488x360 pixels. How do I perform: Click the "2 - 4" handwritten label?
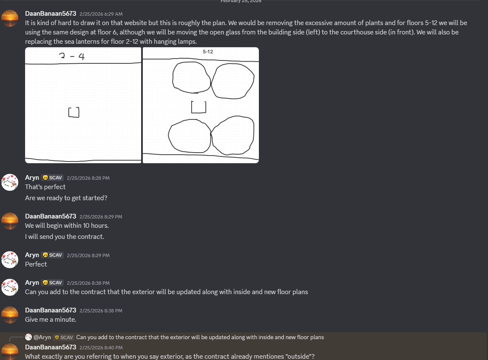coord(72,56)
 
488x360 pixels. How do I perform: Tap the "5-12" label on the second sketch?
coord(208,51)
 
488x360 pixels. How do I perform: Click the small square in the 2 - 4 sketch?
coord(74,112)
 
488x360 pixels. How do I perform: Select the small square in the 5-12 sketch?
coord(199,107)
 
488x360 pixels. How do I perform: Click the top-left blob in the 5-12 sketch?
coord(191,77)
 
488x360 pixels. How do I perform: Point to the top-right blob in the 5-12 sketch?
coord(233,81)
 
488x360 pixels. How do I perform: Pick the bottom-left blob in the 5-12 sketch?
coord(189,136)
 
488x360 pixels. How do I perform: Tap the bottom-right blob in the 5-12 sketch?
coord(233,134)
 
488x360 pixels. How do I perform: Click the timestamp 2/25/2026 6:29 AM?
coord(101,14)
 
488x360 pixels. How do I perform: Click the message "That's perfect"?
coord(45,187)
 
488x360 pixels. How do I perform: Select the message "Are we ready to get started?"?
coord(66,198)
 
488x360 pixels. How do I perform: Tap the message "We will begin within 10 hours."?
coord(67,226)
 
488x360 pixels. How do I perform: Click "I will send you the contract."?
coord(65,237)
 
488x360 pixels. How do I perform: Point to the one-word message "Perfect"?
coord(36,264)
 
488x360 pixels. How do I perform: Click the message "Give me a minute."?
coord(51,320)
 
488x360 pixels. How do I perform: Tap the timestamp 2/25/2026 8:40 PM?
coord(101,348)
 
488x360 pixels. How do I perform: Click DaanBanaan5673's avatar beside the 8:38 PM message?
coord(10,315)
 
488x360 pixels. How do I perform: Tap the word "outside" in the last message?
coord(300,357)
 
